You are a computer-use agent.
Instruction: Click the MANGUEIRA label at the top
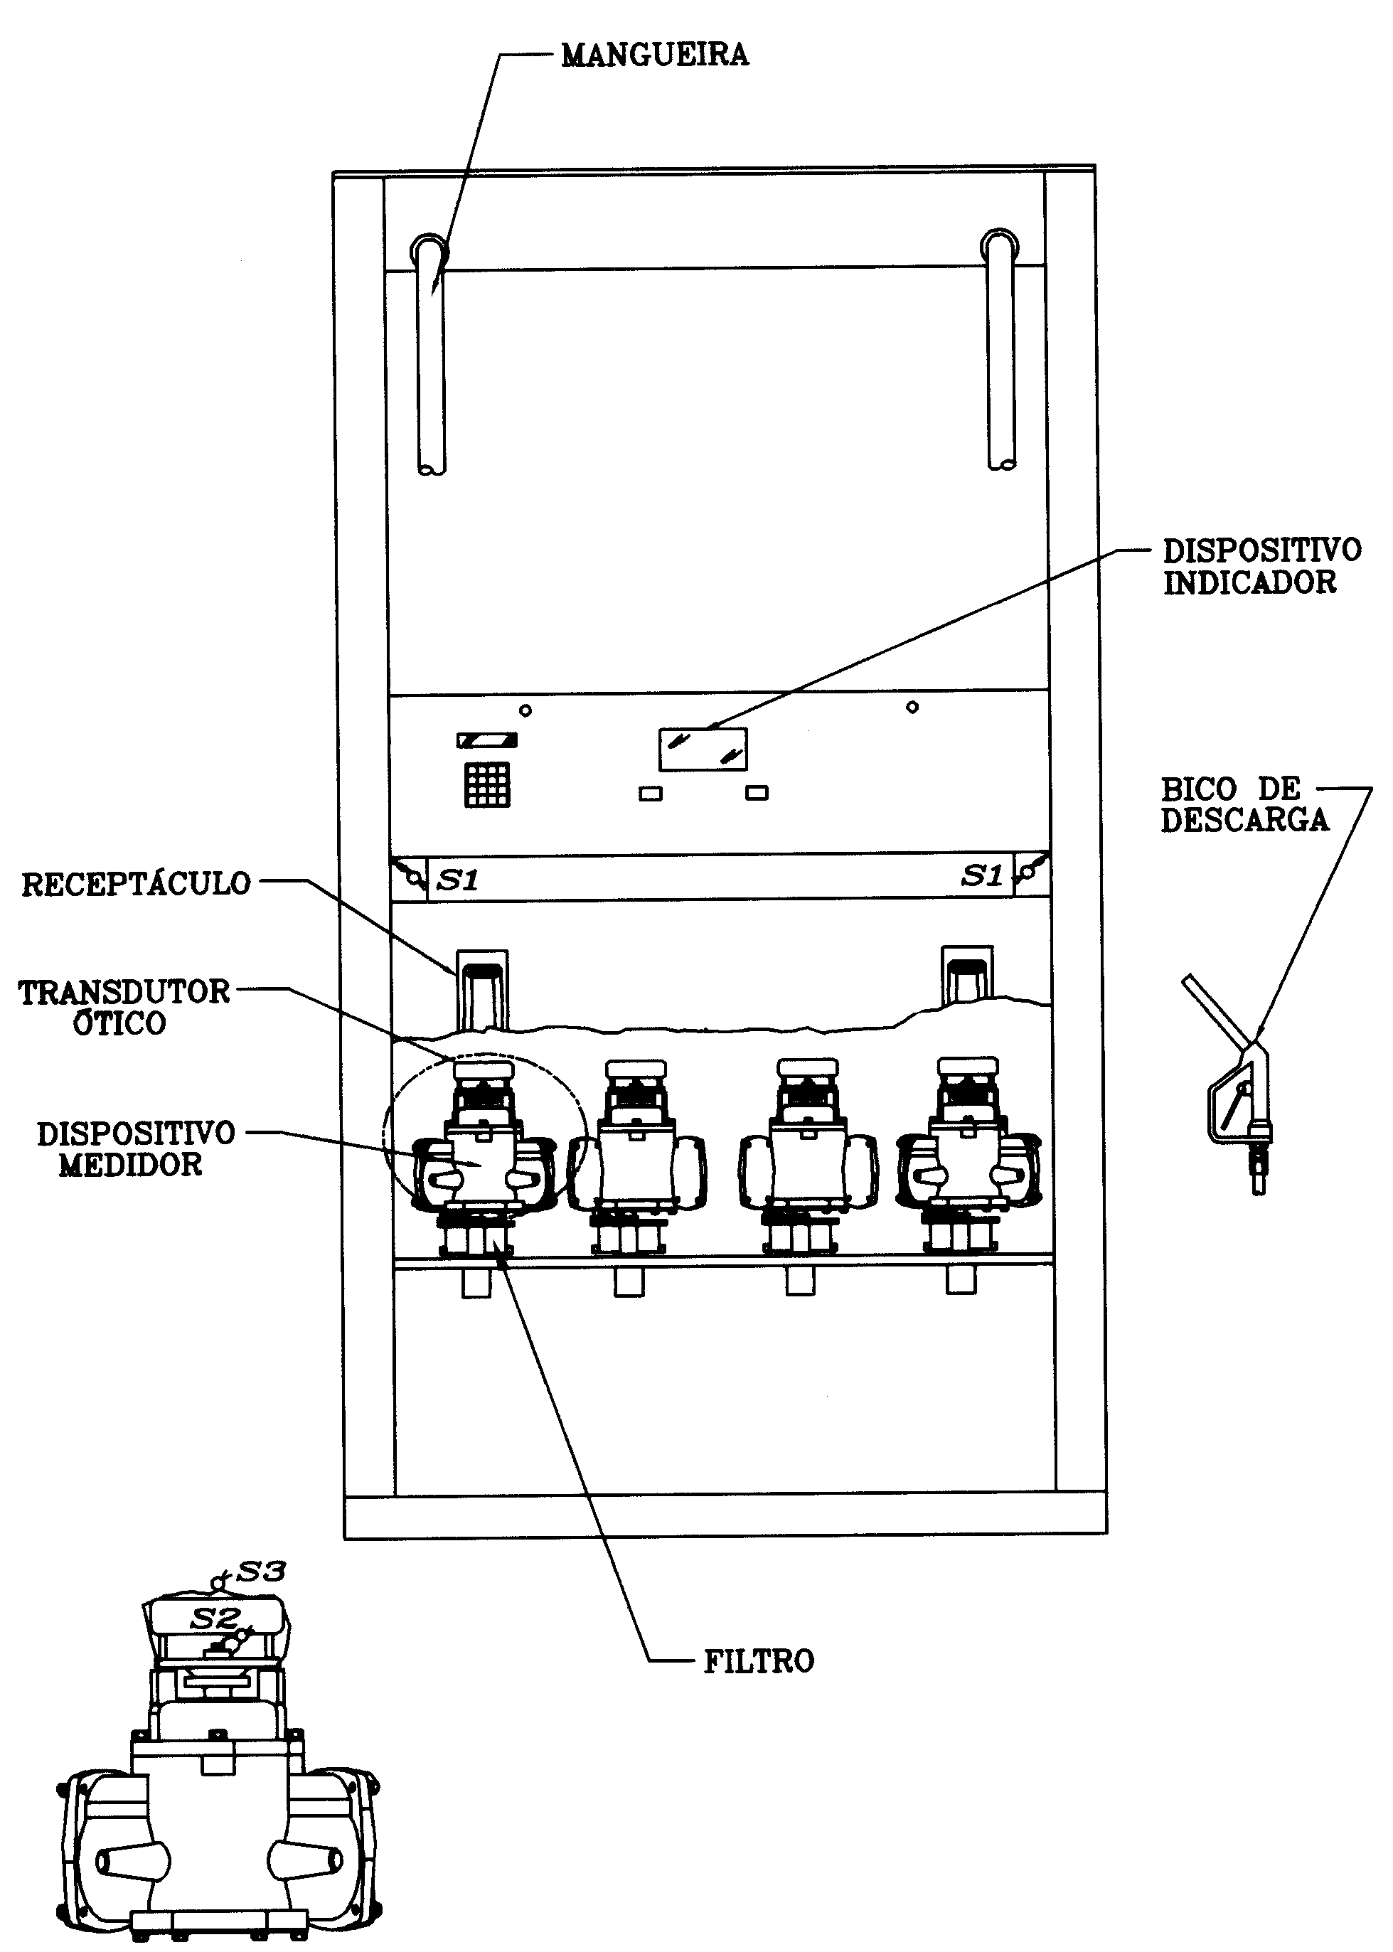[654, 55]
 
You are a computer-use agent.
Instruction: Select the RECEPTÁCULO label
[137, 884]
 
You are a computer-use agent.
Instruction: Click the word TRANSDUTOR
[124, 992]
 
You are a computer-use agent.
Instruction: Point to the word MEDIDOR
[130, 1165]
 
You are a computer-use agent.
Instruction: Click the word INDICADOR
[1250, 583]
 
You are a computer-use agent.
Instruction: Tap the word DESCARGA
[1244, 821]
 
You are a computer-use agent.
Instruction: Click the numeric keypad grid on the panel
[487, 784]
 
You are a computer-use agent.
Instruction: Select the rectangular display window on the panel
[703, 749]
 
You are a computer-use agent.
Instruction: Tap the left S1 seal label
[457, 880]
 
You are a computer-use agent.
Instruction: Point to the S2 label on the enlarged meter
[215, 1619]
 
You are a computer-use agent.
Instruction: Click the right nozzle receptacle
[966, 974]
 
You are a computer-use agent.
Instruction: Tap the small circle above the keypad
[525, 710]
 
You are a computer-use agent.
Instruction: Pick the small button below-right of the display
[757, 794]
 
